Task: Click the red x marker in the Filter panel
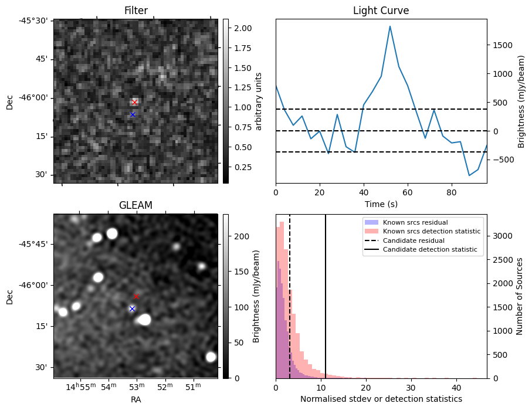tap(134, 102)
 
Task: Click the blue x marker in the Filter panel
tap(133, 114)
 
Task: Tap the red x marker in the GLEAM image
tap(137, 296)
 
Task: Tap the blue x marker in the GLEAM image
tap(132, 309)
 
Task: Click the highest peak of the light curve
tap(390, 26)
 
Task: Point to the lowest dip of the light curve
tap(469, 175)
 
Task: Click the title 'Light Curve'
tap(381, 11)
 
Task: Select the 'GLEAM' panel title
tap(135, 205)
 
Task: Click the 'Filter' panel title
tap(135, 11)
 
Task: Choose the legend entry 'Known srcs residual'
tap(415, 222)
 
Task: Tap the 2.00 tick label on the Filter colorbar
tap(243, 28)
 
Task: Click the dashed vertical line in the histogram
tap(290, 305)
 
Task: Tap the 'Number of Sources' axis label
tap(519, 296)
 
